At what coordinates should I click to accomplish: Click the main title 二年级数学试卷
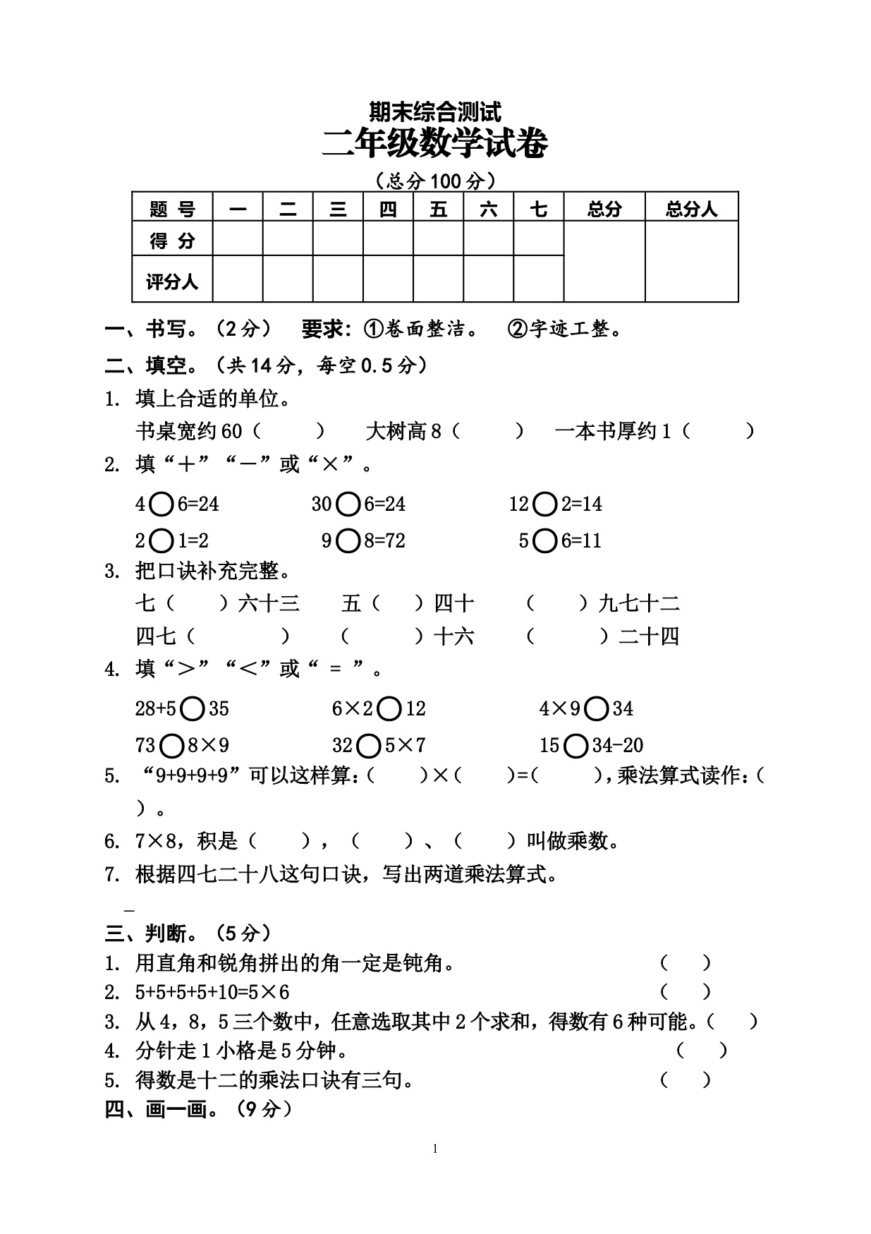(434, 145)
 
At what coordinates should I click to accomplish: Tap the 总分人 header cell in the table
(691, 209)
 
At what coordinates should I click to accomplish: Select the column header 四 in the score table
(388, 209)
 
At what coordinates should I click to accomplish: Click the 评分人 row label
(172, 282)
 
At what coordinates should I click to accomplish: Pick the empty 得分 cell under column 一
(238, 239)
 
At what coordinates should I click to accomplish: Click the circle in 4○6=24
(162, 504)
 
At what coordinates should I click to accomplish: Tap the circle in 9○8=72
(348, 540)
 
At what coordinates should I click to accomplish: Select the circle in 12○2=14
(545, 504)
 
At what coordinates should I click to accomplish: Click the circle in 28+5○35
(192, 708)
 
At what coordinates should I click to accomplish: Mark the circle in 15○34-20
(575, 745)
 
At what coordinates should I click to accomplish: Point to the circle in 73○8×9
(172, 745)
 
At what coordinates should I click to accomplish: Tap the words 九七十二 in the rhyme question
(639, 603)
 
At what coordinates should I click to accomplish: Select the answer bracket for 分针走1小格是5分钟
(702, 1051)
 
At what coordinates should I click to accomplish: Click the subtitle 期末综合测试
(434, 111)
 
